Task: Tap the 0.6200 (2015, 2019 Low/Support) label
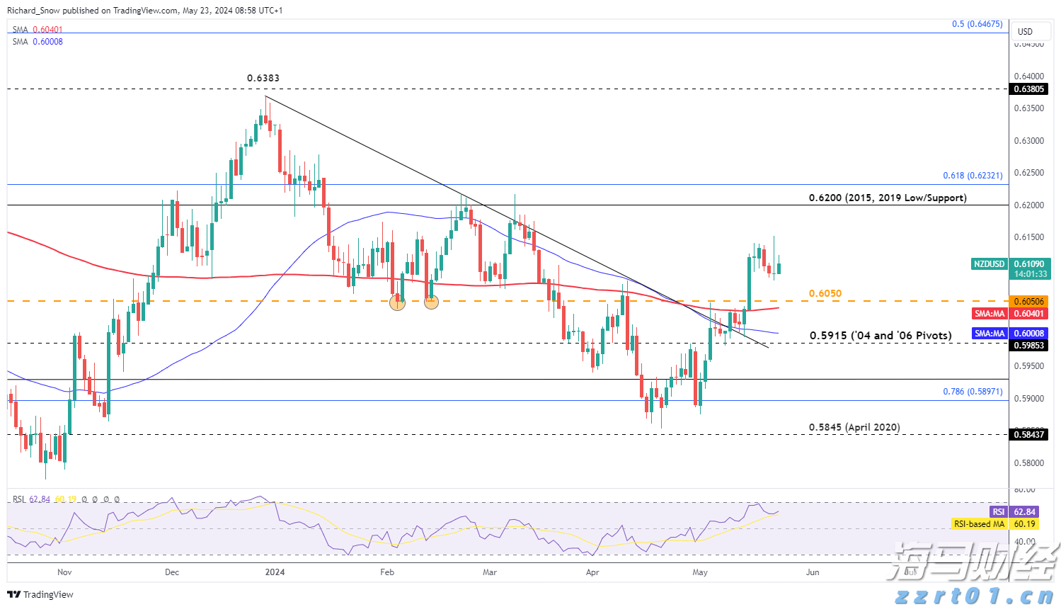pyautogui.click(x=887, y=198)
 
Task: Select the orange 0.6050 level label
pyautogui.click(x=825, y=293)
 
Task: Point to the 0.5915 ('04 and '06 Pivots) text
pyautogui.click(x=881, y=335)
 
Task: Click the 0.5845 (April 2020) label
pyautogui.click(x=854, y=427)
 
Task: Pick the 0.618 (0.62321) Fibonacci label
pyautogui.click(x=972, y=176)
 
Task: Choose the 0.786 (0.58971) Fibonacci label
pyautogui.click(x=972, y=392)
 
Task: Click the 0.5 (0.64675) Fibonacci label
pyautogui.click(x=977, y=24)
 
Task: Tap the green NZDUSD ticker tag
pyautogui.click(x=989, y=264)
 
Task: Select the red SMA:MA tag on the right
pyautogui.click(x=990, y=314)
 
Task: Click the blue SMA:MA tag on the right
pyautogui.click(x=990, y=334)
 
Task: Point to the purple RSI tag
pyautogui.click(x=998, y=512)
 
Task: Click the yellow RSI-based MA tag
pyautogui.click(x=979, y=524)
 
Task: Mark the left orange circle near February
pyautogui.click(x=397, y=302)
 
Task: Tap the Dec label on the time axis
pyautogui.click(x=171, y=572)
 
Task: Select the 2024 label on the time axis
pyautogui.click(x=275, y=572)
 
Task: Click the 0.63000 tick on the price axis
pyautogui.click(x=1028, y=141)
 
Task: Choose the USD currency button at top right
pyautogui.click(x=1025, y=32)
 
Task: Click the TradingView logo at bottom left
pyautogui.click(x=41, y=595)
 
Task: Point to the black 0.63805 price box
pyautogui.click(x=1028, y=89)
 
